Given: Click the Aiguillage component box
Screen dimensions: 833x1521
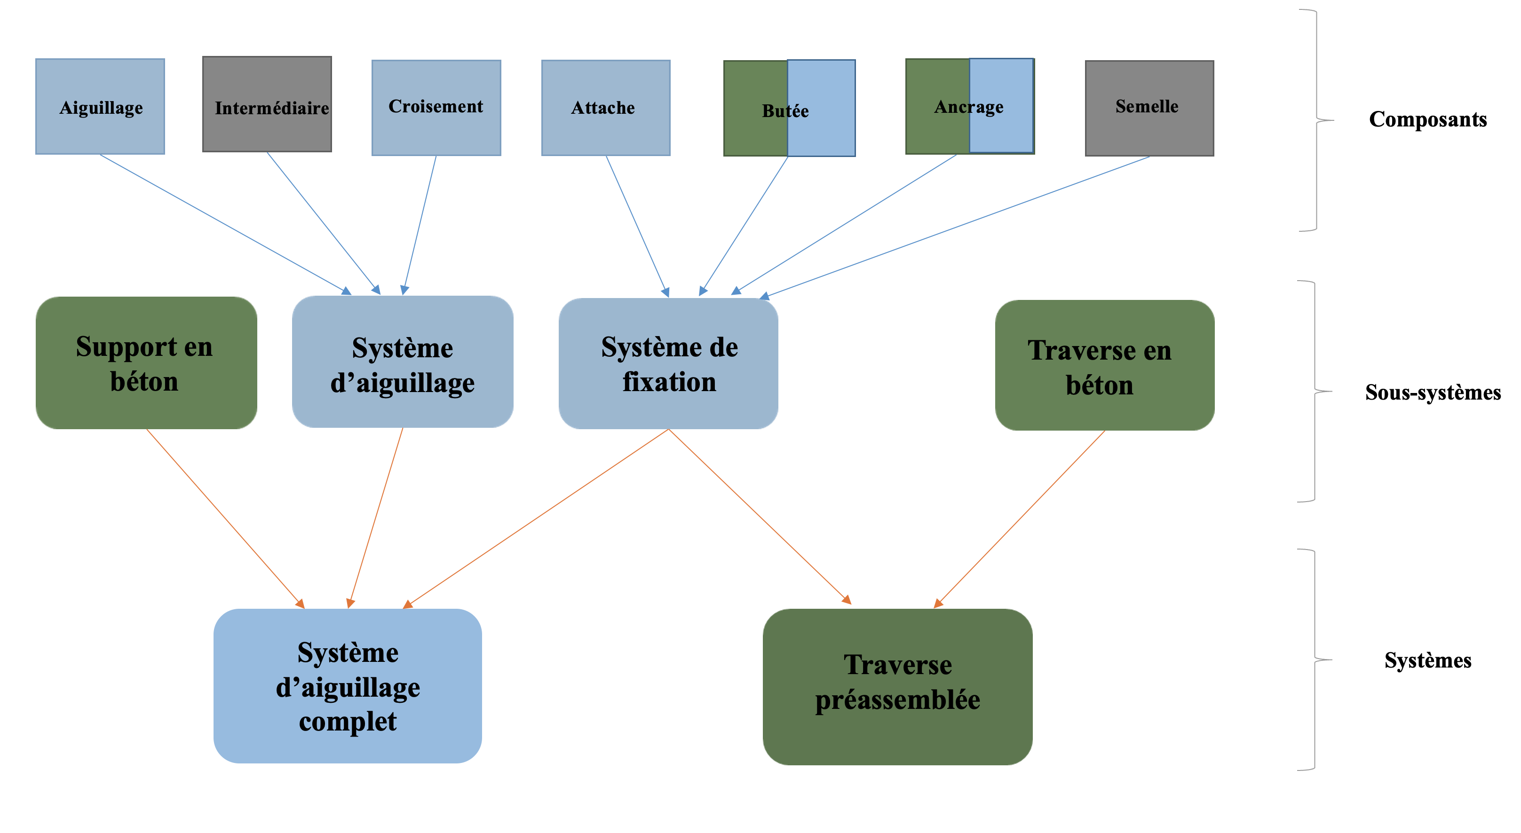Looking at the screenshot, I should click(100, 107).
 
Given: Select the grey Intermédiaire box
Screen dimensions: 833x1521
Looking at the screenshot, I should click(267, 104).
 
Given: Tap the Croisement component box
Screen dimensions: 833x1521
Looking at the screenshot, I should click(436, 108).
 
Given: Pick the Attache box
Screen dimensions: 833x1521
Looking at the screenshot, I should click(605, 108).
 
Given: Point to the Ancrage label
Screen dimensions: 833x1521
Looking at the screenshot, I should click(968, 107).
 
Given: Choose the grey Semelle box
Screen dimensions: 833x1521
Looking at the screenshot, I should click(1149, 108).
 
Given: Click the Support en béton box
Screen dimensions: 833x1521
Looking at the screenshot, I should click(146, 362).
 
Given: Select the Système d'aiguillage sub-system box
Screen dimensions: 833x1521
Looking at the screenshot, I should click(402, 362).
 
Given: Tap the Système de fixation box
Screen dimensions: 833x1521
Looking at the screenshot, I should click(668, 363).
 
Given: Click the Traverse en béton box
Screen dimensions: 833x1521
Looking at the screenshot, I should click(1104, 365).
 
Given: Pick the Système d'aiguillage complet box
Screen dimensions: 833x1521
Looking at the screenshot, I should click(347, 685).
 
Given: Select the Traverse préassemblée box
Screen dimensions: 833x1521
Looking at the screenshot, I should click(897, 687).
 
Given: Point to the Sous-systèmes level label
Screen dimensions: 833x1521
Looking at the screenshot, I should click(1433, 393).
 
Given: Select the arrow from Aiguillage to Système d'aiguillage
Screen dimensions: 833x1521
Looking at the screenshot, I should click(224, 223).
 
